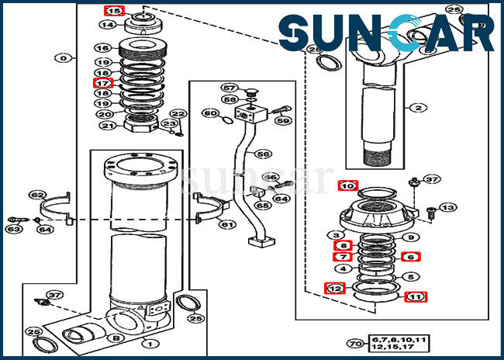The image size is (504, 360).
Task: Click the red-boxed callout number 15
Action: coord(114,11)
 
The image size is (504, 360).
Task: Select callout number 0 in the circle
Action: coord(64,57)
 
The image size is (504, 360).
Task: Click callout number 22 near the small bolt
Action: coord(179,114)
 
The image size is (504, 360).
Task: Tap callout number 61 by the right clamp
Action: coord(226,225)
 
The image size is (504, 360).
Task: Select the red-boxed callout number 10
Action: coord(348,185)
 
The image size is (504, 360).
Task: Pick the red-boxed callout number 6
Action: coord(410,257)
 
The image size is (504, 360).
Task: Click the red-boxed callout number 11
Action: coord(416,296)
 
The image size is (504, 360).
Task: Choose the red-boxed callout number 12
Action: coord(333,288)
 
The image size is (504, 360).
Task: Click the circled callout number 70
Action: coord(356,343)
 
